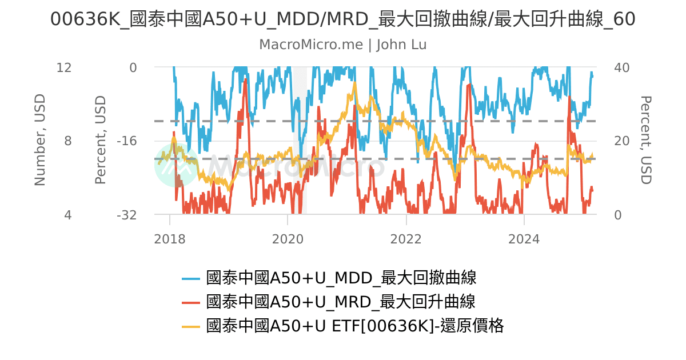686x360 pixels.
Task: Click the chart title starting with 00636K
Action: pyautogui.click(x=342, y=19)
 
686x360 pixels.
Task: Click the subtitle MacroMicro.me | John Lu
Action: pyautogui.click(x=342, y=45)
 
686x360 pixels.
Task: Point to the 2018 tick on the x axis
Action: pyautogui.click(x=170, y=239)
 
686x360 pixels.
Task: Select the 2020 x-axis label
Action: pyautogui.click(x=288, y=239)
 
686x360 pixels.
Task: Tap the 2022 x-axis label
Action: pyautogui.click(x=406, y=239)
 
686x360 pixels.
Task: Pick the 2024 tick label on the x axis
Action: pyautogui.click(x=524, y=239)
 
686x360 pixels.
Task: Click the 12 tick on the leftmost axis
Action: pyautogui.click(x=64, y=67)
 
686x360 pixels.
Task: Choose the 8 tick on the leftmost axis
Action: pyautogui.click(x=68, y=141)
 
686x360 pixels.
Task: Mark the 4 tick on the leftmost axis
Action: pyautogui.click(x=68, y=215)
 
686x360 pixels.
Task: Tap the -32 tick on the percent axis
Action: pyautogui.click(x=126, y=215)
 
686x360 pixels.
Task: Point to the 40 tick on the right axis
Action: pyautogui.click(x=621, y=67)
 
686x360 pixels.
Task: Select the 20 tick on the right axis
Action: pyautogui.click(x=621, y=141)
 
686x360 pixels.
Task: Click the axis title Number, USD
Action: pyautogui.click(x=39, y=141)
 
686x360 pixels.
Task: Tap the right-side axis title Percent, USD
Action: pyautogui.click(x=645, y=141)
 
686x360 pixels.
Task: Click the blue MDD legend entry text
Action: pyautogui.click(x=341, y=278)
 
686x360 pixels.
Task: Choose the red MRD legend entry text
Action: pyautogui.click(x=341, y=302)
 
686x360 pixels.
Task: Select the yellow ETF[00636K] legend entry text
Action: pyautogui.click(x=354, y=326)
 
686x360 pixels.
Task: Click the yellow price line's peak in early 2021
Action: pyautogui.click(x=354, y=83)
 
